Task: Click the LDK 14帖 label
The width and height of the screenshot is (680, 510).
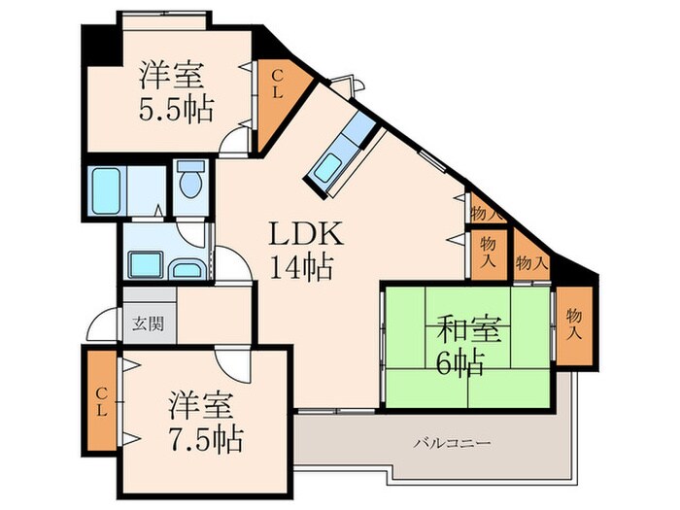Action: click(x=304, y=250)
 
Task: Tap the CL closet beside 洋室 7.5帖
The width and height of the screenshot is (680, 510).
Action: click(x=101, y=398)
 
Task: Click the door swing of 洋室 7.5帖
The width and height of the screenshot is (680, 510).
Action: click(x=232, y=364)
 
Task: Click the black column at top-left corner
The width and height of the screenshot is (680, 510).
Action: click(x=98, y=38)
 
